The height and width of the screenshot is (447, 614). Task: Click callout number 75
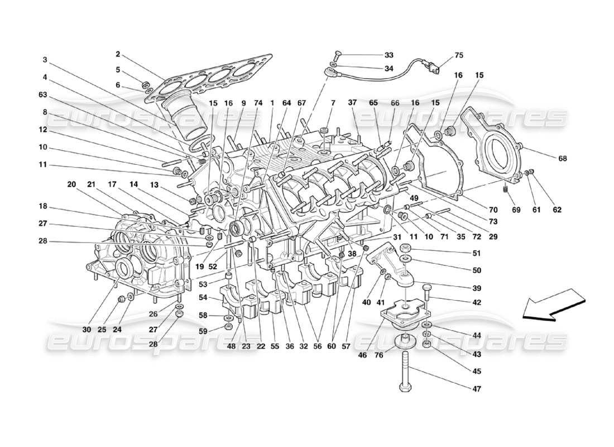point(459,55)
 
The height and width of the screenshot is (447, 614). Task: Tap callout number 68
point(562,158)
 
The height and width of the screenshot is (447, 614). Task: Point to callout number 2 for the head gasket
point(118,54)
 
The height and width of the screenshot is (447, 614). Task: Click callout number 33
point(388,55)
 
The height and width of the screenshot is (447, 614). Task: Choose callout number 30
point(87,330)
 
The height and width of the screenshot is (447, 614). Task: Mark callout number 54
point(203,297)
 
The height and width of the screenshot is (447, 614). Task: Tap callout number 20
point(71,184)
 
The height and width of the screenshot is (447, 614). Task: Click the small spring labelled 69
point(506,190)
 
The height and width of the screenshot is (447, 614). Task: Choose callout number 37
point(352,103)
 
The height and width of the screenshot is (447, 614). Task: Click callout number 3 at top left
point(45,60)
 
